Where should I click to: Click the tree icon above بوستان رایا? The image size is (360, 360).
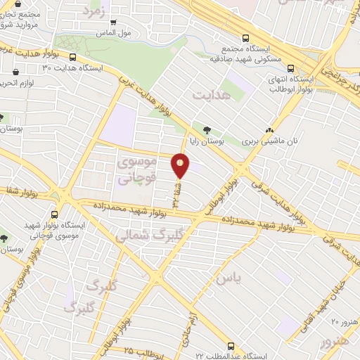(x=206, y=129)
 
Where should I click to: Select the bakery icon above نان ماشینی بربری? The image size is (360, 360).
(x=270, y=130)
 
